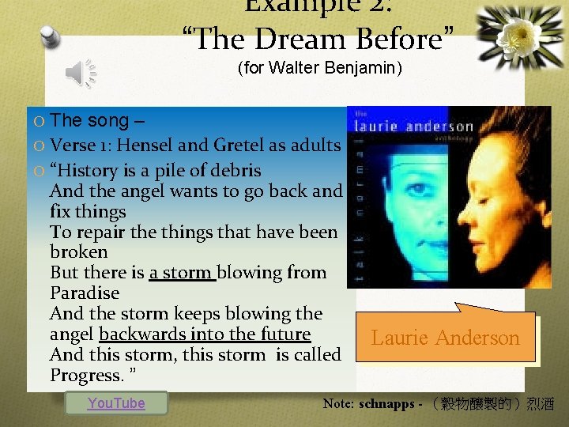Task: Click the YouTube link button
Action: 116,403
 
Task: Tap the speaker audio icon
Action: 80,74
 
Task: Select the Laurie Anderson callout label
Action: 446,338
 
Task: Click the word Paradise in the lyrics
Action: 85,293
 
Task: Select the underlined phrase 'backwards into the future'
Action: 205,334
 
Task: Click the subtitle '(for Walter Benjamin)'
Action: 320,68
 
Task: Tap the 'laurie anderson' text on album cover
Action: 414,126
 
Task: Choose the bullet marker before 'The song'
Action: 39,121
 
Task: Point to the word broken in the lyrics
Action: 79,252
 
